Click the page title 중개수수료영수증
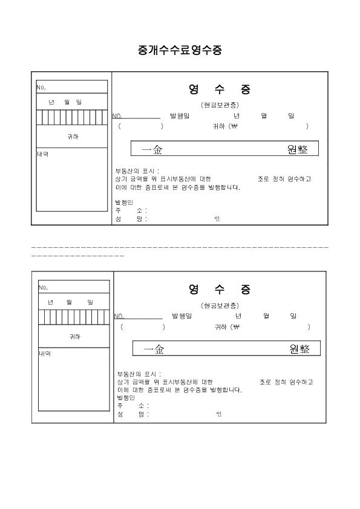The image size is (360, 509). click(x=180, y=50)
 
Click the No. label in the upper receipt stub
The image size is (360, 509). click(x=41, y=87)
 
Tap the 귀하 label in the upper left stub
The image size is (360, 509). click(x=73, y=137)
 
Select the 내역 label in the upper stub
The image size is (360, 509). click(x=42, y=154)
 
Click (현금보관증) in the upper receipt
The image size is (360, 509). click(x=220, y=105)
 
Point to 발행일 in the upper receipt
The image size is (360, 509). click(x=180, y=115)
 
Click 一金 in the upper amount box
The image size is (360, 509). click(x=152, y=150)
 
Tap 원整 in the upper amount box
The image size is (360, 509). click(x=297, y=149)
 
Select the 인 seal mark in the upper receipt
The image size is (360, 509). click(x=217, y=219)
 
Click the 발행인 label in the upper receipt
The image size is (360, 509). click(x=124, y=203)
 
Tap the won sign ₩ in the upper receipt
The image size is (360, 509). click(x=234, y=126)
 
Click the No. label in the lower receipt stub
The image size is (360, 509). click(x=43, y=287)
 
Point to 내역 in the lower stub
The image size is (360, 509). click(x=45, y=354)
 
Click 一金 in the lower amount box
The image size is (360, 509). click(x=154, y=349)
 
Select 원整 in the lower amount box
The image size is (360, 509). click(x=299, y=349)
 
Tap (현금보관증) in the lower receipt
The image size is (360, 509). click(x=220, y=305)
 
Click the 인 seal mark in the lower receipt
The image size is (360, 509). click(x=219, y=414)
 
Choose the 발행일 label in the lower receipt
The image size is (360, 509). click(x=182, y=316)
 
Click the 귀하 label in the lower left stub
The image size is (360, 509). click(x=75, y=337)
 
